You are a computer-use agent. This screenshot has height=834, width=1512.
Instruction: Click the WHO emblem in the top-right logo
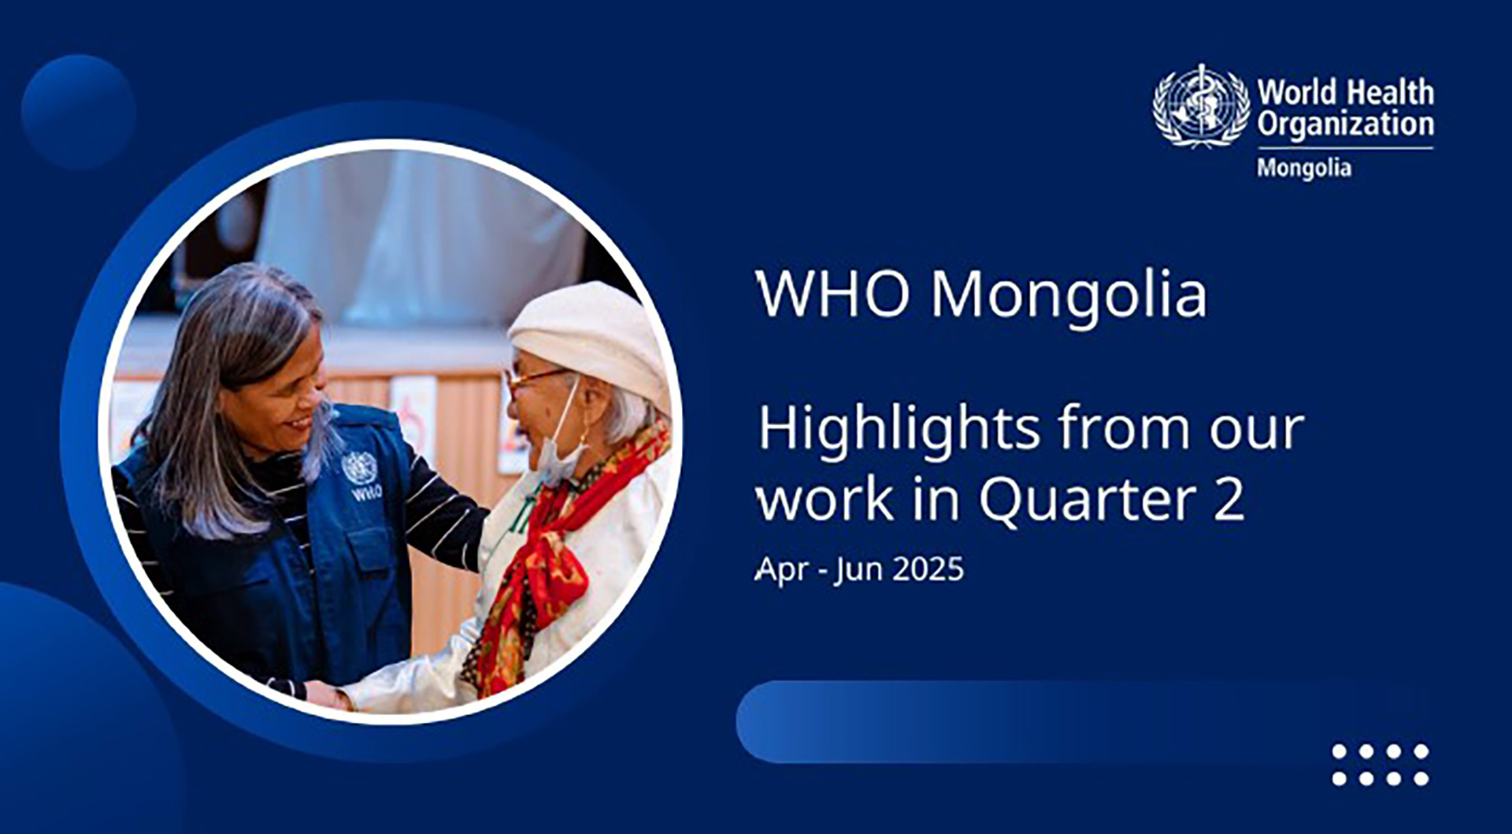coord(1202,106)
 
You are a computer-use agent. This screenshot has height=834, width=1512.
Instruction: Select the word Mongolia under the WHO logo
coord(1304,169)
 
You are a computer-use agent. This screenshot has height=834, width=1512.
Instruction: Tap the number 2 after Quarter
coord(1229,499)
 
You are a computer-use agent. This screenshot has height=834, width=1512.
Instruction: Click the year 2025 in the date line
coord(928,569)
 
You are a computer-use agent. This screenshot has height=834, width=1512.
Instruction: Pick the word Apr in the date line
coord(782,570)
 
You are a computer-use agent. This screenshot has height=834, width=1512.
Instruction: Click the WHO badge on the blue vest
coord(361,476)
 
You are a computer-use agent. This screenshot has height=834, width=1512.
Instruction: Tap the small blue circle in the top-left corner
coord(78,112)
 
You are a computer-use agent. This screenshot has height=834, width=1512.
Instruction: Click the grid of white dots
coord(1380,765)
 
